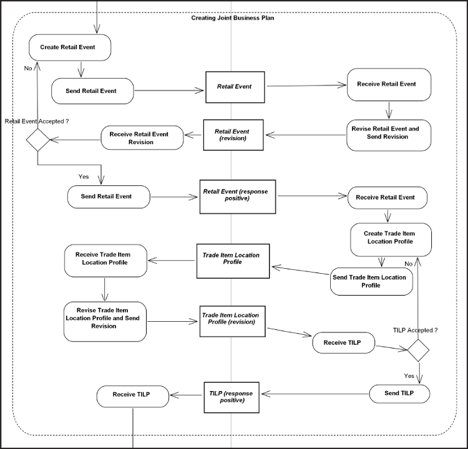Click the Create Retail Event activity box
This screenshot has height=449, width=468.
coord(70,47)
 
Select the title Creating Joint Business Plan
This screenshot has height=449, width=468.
coord(232,17)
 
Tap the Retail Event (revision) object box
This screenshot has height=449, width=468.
coord(233,135)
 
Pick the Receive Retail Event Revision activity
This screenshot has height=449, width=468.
coord(142,138)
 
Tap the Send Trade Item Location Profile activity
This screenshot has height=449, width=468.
coord(371,281)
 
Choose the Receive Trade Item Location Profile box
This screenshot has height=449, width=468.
coord(105,260)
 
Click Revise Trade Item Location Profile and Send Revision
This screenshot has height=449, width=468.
coord(105,321)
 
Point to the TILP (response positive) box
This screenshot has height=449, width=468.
coord(232,396)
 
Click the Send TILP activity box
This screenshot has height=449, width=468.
coord(399,393)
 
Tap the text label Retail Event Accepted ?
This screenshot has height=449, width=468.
coord(36,121)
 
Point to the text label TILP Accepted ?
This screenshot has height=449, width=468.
coord(415,330)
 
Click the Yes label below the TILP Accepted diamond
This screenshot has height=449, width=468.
coord(409,376)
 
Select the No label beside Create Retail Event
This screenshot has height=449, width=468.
coord(28,69)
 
